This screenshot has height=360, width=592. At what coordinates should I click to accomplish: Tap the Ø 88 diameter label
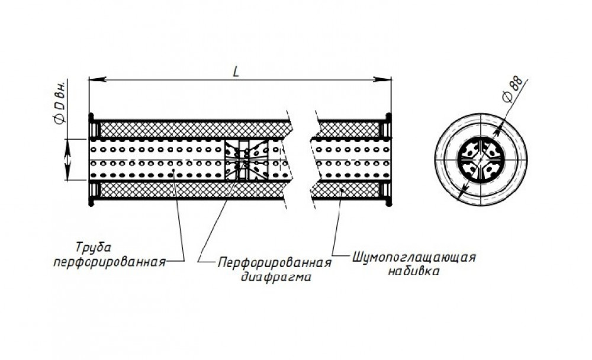click(513, 89)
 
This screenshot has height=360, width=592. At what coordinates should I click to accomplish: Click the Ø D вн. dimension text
click(60, 102)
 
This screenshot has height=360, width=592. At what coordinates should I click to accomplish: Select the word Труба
click(94, 248)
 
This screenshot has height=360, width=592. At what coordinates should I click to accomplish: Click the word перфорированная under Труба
click(110, 262)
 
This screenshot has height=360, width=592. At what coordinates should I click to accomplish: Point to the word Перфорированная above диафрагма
click(275, 262)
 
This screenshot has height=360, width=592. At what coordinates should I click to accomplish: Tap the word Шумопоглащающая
click(414, 258)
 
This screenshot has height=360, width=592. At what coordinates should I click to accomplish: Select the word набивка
click(413, 271)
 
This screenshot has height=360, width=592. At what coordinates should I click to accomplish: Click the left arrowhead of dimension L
click(96, 79)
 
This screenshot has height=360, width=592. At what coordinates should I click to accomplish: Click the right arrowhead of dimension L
click(382, 79)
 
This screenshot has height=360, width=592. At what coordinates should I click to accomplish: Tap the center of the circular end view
click(481, 160)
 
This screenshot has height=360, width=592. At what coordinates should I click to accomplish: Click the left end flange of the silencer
click(91, 160)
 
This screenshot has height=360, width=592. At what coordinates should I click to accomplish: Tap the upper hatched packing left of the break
click(192, 130)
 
